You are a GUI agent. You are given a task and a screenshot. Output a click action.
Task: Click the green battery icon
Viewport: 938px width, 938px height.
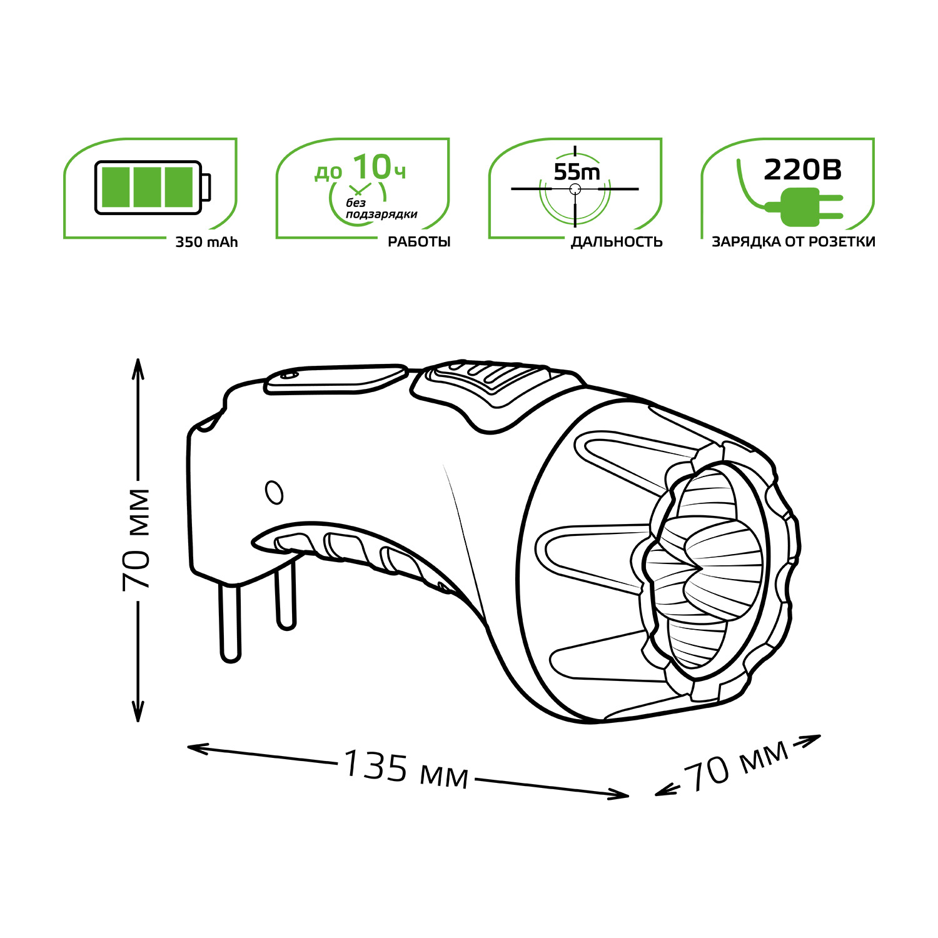153,187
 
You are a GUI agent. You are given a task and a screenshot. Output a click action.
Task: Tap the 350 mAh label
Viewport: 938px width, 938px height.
206,243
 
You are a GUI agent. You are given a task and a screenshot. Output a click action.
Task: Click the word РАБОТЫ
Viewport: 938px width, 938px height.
419,242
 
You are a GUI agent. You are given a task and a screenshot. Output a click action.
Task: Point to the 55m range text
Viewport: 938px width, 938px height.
577,171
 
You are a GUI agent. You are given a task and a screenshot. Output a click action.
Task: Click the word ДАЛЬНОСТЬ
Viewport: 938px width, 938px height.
617,242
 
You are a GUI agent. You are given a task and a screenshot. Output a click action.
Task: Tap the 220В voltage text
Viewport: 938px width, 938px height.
803,169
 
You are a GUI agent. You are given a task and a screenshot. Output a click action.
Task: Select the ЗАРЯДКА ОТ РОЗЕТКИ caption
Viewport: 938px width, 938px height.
794,242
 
